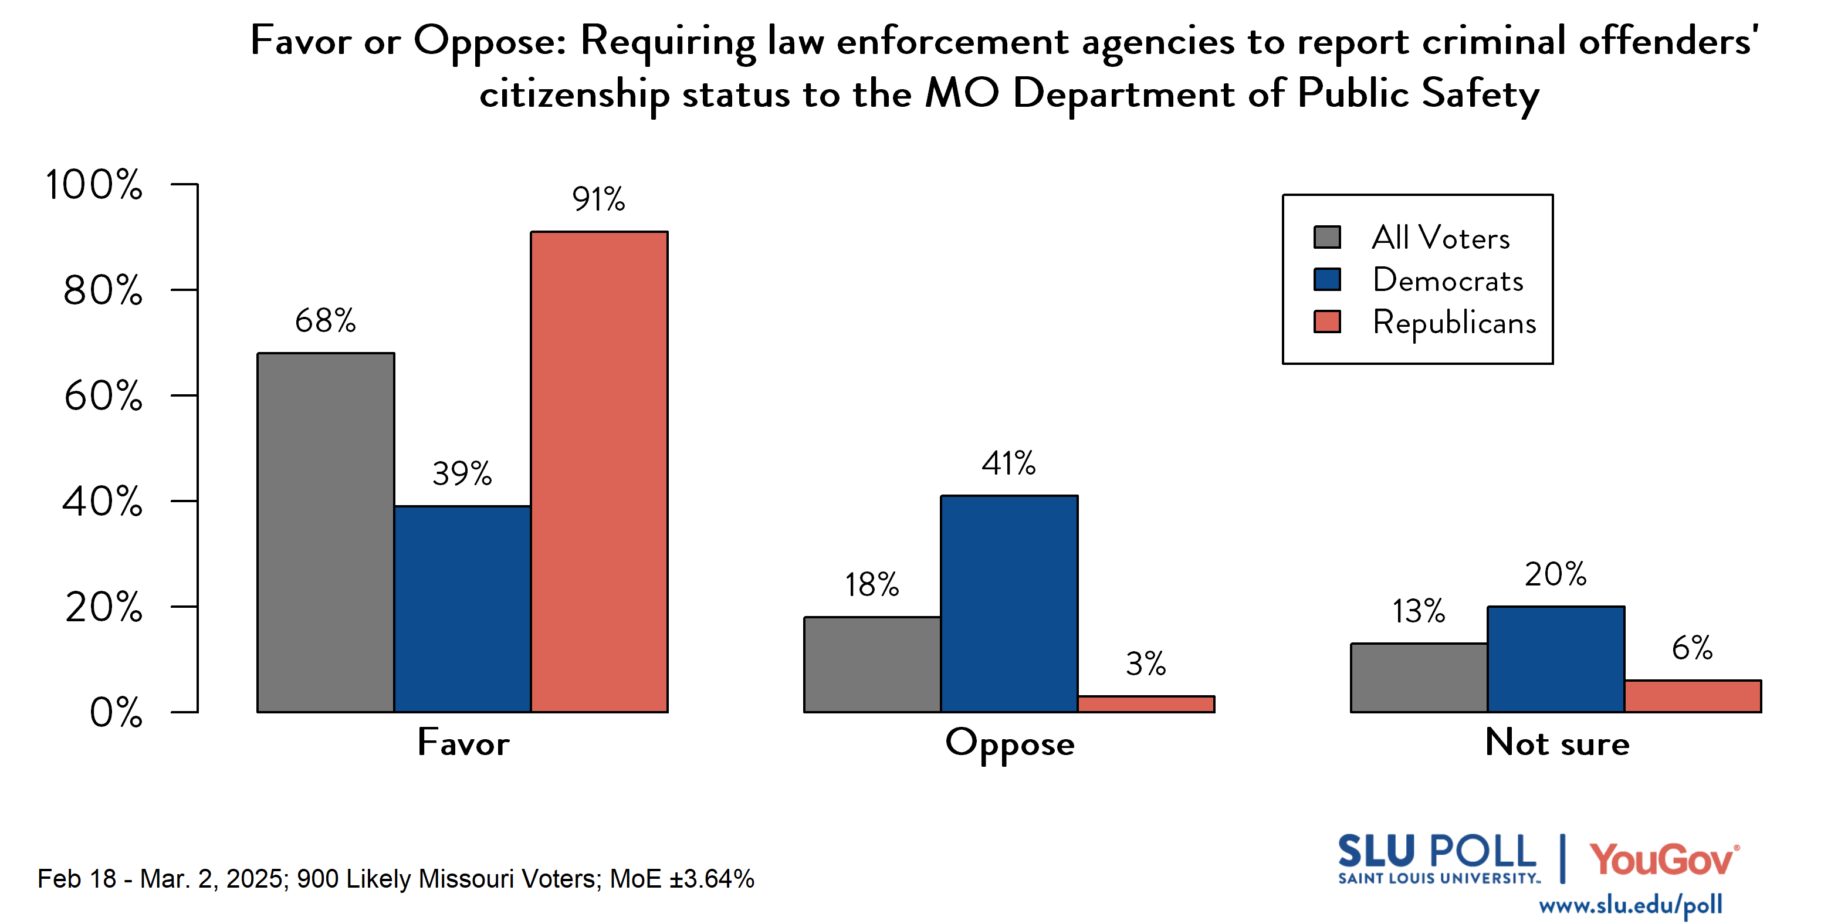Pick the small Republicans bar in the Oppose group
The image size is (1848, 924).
(x=1146, y=704)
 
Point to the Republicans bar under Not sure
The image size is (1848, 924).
(x=1693, y=696)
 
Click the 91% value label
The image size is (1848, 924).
(x=598, y=199)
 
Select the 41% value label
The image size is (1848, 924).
(x=1008, y=463)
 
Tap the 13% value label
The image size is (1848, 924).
(x=1419, y=611)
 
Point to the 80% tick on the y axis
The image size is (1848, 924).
(x=103, y=290)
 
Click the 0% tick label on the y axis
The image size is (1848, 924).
(x=116, y=712)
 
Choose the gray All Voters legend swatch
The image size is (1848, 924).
(x=1326, y=238)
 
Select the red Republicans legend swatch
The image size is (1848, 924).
(x=1326, y=321)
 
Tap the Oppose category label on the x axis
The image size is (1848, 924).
(x=1010, y=744)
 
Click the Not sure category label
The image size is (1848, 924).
(x=1557, y=743)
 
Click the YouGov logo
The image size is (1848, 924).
(x=1664, y=859)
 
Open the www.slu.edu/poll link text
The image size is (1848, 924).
(x=1630, y=905)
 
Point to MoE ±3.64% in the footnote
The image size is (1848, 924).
(x=682, y=879)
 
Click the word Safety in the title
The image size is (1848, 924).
(x=1480, y=94)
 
